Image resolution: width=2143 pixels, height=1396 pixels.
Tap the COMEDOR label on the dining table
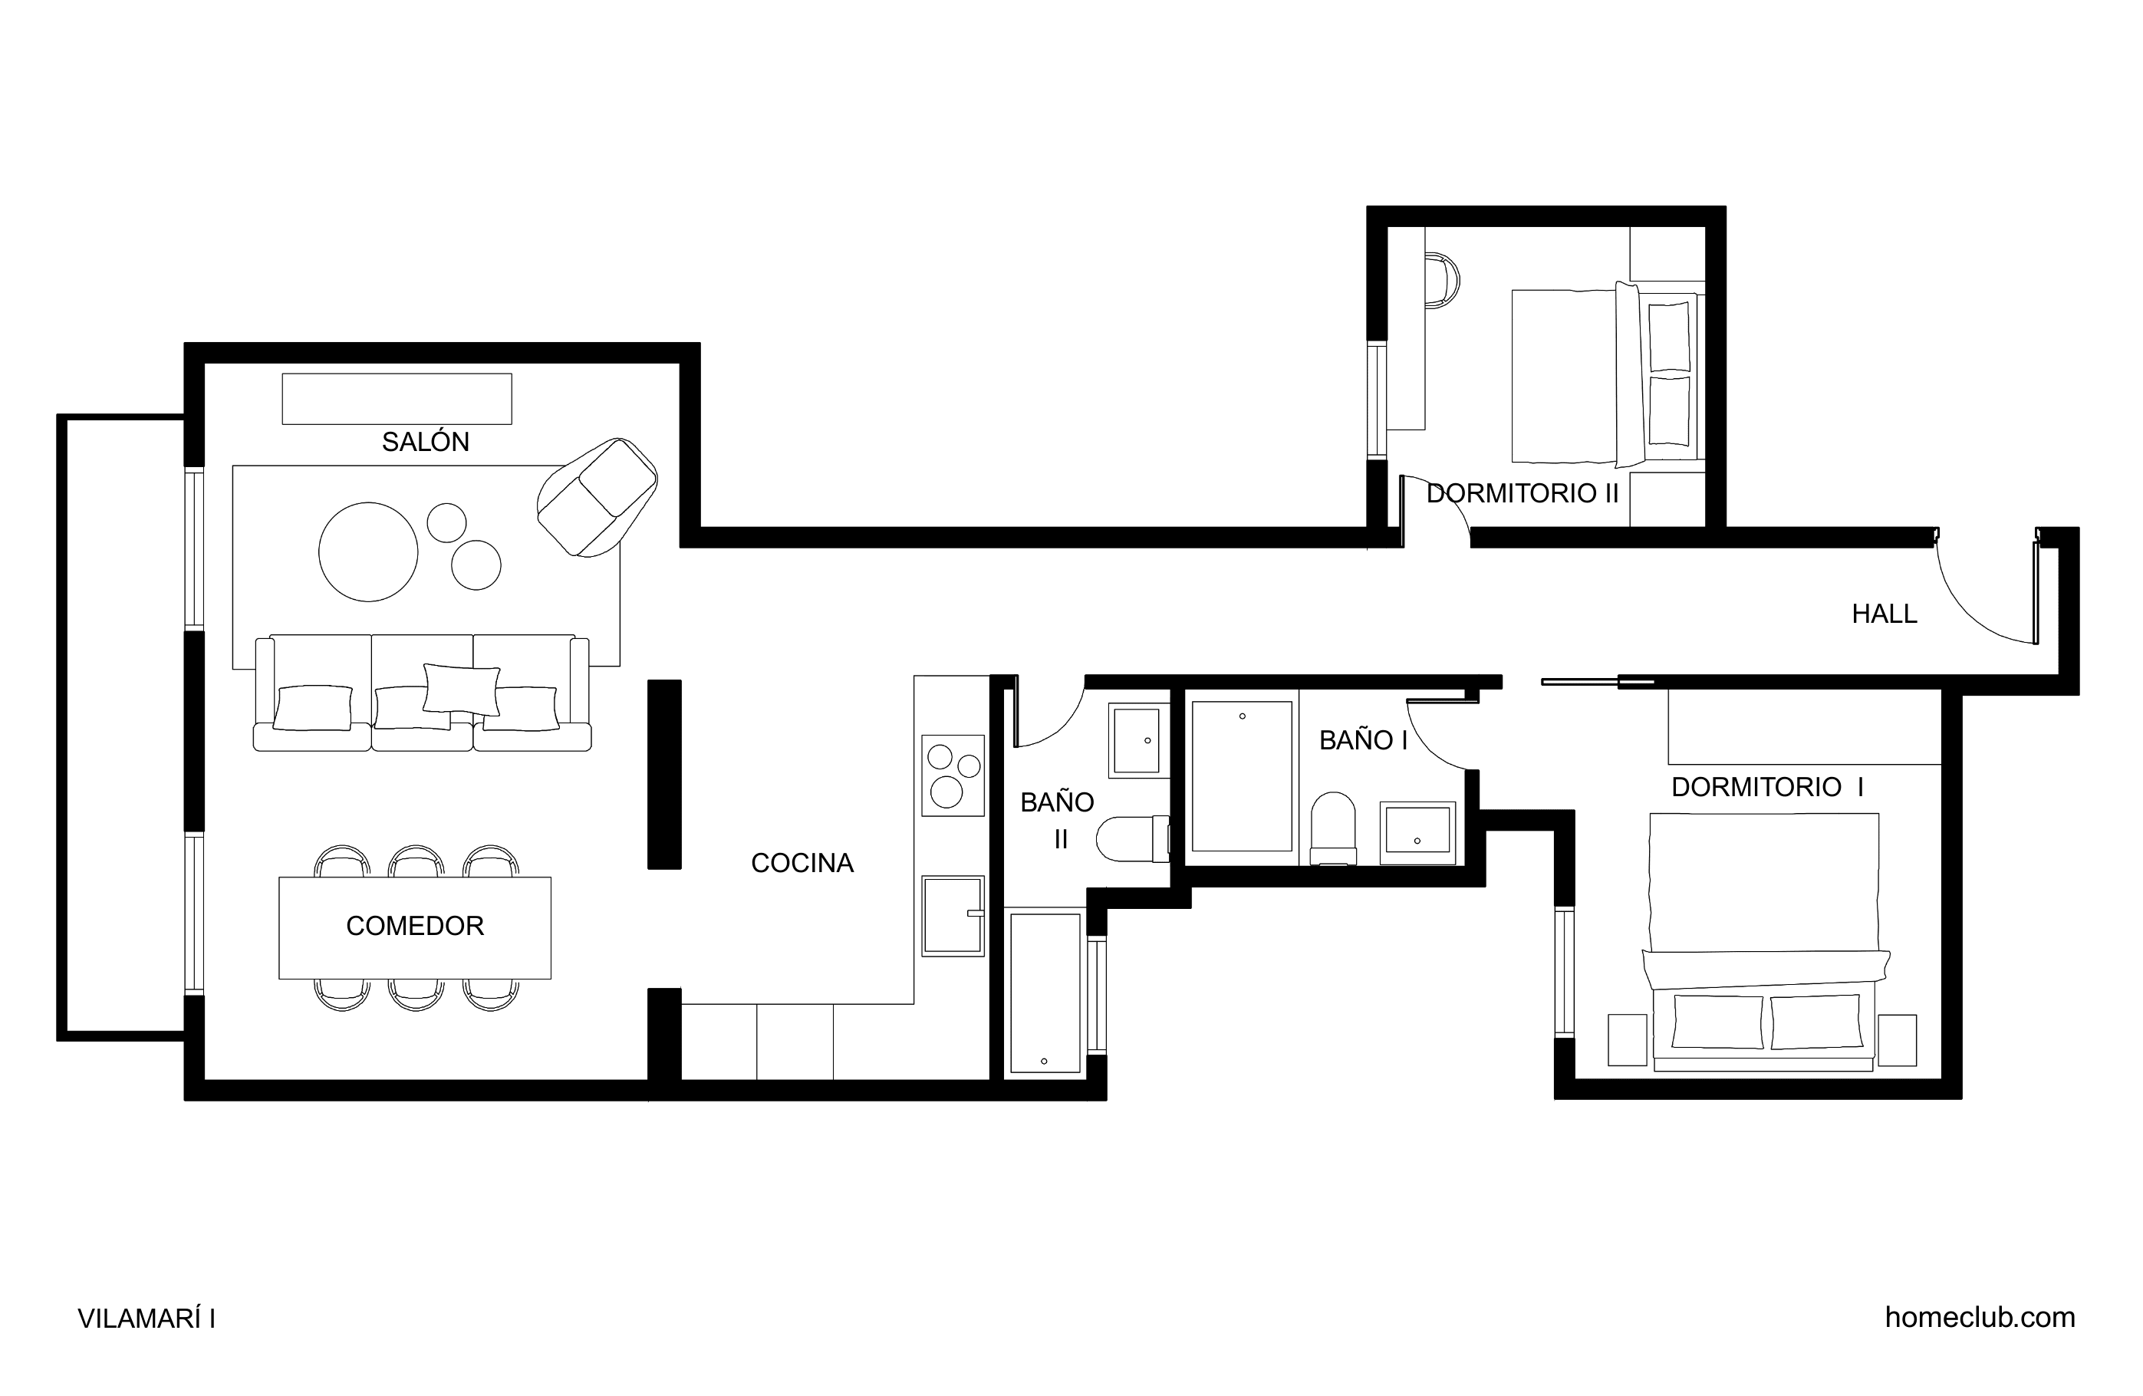(415, 926)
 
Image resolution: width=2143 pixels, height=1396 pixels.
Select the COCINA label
(802, 863)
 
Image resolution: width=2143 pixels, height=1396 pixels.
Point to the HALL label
(1885, 614)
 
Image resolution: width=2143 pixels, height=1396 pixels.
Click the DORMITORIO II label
(1522, 493)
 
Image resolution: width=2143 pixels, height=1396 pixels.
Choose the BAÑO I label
(1363, 740)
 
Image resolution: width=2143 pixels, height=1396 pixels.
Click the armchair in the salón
(597, 497)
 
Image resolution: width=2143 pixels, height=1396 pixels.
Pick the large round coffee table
(368, 551)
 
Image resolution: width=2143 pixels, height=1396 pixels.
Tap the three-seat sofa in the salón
(423, 693)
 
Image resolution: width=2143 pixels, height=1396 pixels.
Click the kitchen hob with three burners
(953, 776)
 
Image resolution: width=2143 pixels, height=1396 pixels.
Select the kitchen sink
(953, 915)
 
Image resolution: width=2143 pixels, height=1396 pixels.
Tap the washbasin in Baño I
(1417, 832)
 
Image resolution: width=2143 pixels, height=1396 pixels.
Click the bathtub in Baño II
(1045, 993)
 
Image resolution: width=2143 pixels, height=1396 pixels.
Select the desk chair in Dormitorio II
(1441, 281)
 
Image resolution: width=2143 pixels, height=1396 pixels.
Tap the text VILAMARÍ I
(146, 1319)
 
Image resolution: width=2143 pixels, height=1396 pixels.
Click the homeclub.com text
(1980, 1318)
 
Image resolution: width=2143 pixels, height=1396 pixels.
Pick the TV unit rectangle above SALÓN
(397, 399)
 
